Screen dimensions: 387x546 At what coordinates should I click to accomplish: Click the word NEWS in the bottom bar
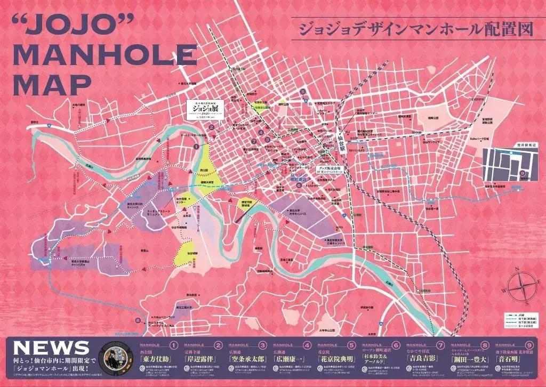[x=51, y=349]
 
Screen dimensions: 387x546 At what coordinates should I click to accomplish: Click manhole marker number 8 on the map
[x=138, y=320]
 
